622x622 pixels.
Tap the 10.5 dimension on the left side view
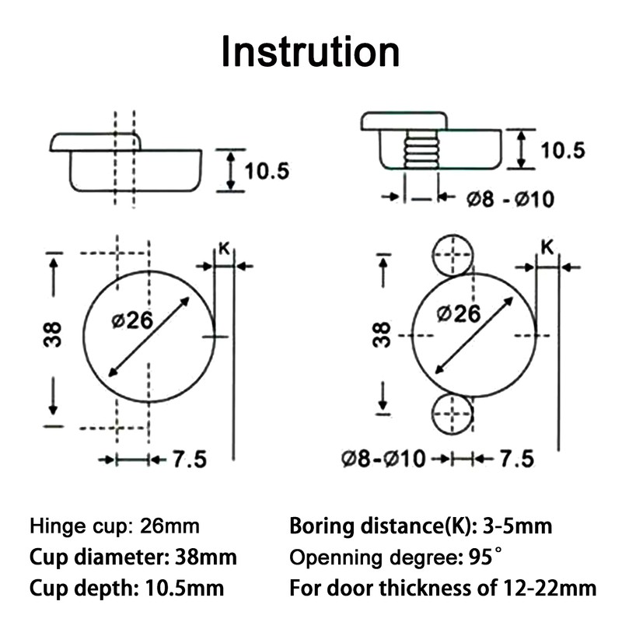[x=267, y=169]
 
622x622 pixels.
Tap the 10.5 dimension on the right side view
[x=562, y=149]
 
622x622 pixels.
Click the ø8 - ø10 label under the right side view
[x=510, y=199]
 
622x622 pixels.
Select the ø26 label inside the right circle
[x=458, y=313]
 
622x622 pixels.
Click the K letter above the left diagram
[x=223, y=250]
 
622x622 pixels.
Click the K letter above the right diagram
[x=547, y=248]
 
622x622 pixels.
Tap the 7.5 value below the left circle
[x=189, y=460]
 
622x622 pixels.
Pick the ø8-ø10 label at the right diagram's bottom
[x=383, y=459]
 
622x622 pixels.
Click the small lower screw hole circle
[x=453, y=413]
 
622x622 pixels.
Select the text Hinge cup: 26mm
[x=114, y=526]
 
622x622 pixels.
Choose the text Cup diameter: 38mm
[x=134, y=557]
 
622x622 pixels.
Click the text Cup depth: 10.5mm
[x=128, y=587]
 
